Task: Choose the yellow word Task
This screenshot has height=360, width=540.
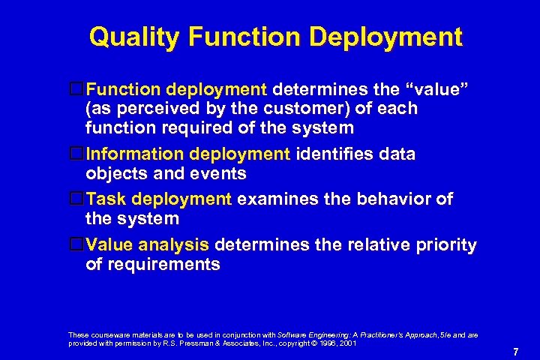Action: click(x=106, y=199)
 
